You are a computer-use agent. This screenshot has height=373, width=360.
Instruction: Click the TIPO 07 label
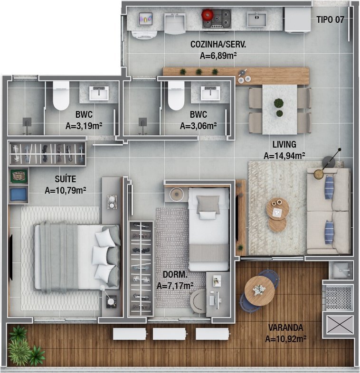(x=330, y=19)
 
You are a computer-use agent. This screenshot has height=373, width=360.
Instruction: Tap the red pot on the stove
(x=208, y=15)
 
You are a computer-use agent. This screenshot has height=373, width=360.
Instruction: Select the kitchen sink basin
(x=256, y=19)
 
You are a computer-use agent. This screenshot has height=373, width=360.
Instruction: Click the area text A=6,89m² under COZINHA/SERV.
(x=218, y=56)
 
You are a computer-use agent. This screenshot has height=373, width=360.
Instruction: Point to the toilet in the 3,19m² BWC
(x=61, y=96)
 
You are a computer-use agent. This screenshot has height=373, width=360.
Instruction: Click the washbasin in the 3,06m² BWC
(x=210, y=93)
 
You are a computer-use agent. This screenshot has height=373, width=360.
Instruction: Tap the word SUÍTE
(x=66, y=179)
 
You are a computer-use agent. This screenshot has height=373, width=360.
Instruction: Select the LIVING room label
(x=284, y=144)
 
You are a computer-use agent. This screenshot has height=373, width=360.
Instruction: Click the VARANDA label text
(x=286, y=327)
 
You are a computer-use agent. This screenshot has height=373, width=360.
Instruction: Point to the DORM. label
(x=175, y=274)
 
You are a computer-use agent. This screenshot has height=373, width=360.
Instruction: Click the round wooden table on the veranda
(x=259, y=291)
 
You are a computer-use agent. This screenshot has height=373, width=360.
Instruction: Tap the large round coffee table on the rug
(x=278, y=209)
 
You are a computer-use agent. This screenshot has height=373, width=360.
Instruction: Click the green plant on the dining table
(x=279, y=103)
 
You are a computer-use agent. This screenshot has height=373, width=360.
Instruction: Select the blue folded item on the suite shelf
(x=19, y=195)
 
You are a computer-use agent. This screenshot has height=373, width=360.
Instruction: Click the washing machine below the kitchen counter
(x=144, y=35)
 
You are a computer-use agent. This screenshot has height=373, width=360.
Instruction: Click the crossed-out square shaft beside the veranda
(x=340, y=325)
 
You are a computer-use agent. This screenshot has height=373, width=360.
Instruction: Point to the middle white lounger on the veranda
(x=169, y=334)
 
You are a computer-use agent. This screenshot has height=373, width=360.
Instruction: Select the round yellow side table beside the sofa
(x=319, y=174)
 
